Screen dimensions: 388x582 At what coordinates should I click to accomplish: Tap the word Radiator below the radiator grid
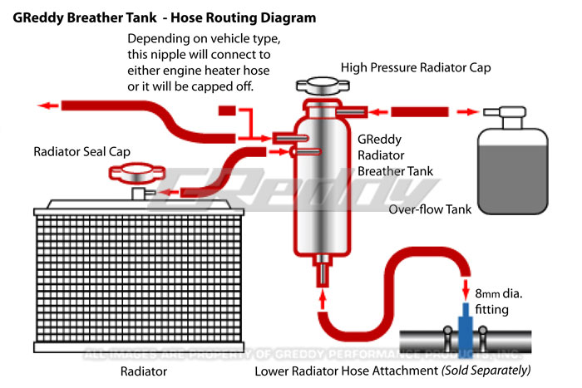[x=144, y=371]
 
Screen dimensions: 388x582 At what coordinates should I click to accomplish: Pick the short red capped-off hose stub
[x=227, y=111]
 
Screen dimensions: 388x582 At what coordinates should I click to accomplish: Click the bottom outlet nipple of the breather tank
[x=320, y=270]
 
